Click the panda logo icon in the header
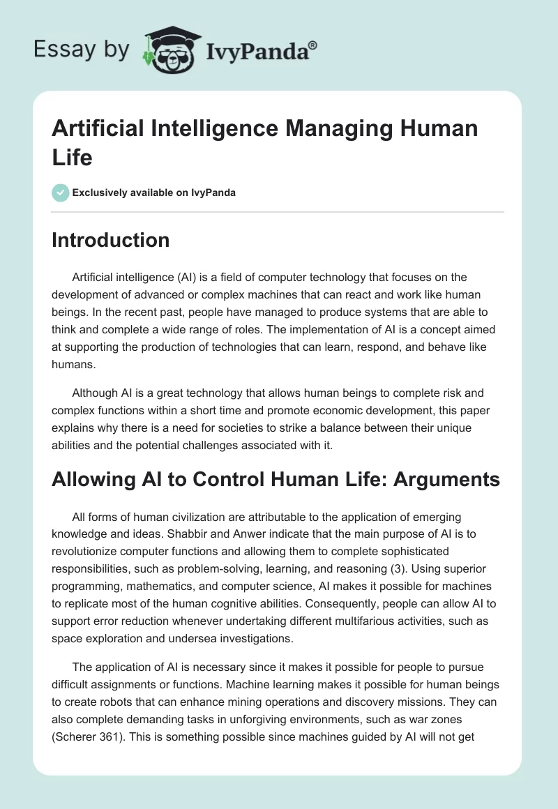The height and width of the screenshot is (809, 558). click(x=167, y=50)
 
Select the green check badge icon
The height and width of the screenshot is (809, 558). click(x=60, y=192)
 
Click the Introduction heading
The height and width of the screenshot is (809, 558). click(x=111, y=240)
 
